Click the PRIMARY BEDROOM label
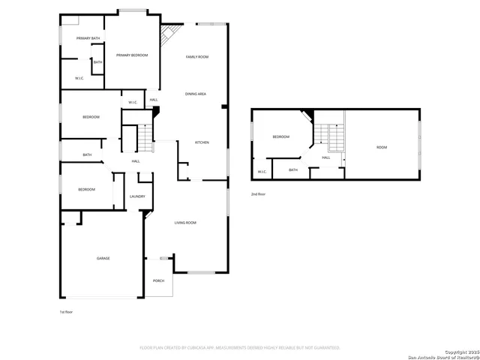click(x=132, y=55)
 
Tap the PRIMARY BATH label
click(x=88, y=38)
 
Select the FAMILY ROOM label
click(x=197, y=57)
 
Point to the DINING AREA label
click(x=196, y=94)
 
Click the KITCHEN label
click(x=202, y=142)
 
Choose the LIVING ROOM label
click(x=185, y=223)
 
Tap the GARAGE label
click(x=103, y=259)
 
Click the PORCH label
click(x=158, y=280)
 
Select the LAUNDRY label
click(x=137, y=196)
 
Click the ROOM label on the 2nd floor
click(x=382, y=147)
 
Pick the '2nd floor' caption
click(x=258, y=194)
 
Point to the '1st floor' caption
click(x=67, y=311)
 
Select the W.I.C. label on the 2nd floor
click(x=262, y=172)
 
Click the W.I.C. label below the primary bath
click(x=79, y=78)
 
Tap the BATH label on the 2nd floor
click(x=292, y=170)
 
